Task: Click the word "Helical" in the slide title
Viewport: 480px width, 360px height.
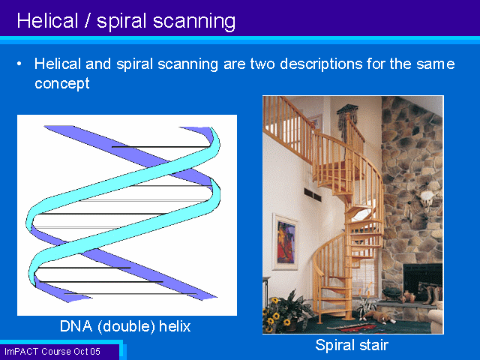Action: tap(47, 21)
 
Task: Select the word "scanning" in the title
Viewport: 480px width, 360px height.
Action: tap(194, 22)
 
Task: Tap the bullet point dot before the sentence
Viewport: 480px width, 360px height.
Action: tap(19, 64)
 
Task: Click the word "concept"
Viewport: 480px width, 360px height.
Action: tap(62, 83)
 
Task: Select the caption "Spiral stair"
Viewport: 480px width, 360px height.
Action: tap(352, 345)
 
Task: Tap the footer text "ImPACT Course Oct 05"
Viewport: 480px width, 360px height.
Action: tap(52, 352)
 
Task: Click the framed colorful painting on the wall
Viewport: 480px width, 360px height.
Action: tap(285, 241)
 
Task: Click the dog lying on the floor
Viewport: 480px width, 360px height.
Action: tap(377, 316)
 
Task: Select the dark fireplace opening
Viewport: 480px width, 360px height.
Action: tap(423, 281)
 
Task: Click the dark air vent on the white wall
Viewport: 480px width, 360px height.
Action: tap(313, 195)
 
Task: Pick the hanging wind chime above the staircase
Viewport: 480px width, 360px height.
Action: tap(347, 122)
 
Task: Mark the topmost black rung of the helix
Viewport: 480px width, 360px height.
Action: tap(161, 147)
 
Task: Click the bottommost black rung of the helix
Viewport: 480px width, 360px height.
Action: tap(130, 294)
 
